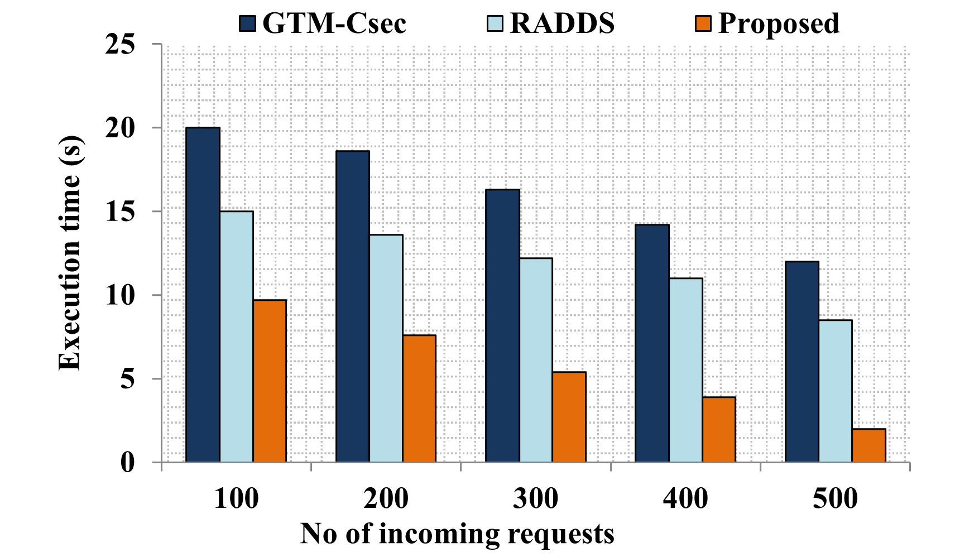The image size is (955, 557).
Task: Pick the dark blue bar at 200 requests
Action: point(352,306)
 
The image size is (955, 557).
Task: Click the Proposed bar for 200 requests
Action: point(419,398)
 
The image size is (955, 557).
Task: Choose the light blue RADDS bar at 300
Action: point(536,360)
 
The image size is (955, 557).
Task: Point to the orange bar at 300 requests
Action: point(569,417)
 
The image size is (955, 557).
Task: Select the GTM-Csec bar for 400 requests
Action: point(652,343)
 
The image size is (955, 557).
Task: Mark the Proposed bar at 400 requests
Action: point(719,430)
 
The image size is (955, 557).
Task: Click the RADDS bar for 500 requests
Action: point(835,391)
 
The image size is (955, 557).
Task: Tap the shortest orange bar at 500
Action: point(868,445)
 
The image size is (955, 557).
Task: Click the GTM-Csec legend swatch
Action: point(248,23)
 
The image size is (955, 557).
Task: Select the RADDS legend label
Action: point(562,23)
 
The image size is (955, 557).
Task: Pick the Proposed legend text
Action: point(779,23)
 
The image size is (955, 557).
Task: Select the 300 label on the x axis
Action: point(535,498)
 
